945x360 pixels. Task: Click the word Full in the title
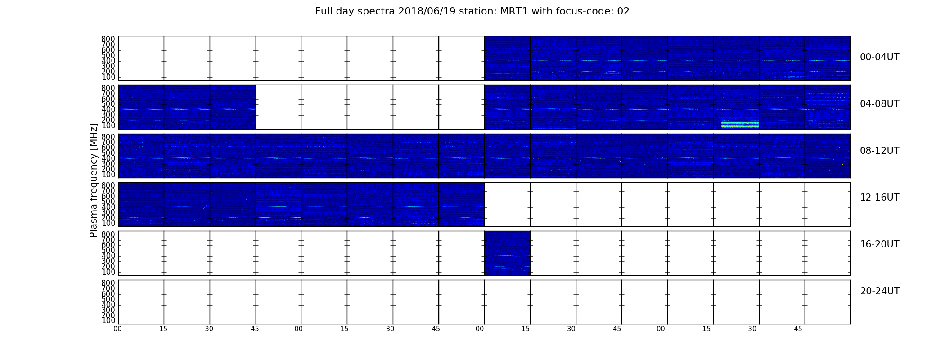tap(323, 11)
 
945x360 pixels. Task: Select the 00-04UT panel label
tap(880, 57)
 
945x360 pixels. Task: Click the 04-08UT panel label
tap(880, 104)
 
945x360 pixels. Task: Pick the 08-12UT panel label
tap(880, 151)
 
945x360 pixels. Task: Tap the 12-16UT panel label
tap(880, 198)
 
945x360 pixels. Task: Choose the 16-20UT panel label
tap(880, 244)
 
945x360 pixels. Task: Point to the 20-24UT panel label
tap(880, 291)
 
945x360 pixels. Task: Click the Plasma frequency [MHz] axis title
tap(94, 180)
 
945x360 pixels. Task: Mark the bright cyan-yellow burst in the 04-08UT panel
tap(740, 125)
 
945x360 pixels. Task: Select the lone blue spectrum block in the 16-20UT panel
tap(507, 253)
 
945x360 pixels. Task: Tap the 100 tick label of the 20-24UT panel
tap(108, 321)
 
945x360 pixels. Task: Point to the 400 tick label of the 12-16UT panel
tap(108, 207)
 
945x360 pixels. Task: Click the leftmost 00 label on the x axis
tap(118, 329)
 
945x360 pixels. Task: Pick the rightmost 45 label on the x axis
tap(798, 329)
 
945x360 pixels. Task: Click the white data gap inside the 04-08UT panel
tap(370, 107)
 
